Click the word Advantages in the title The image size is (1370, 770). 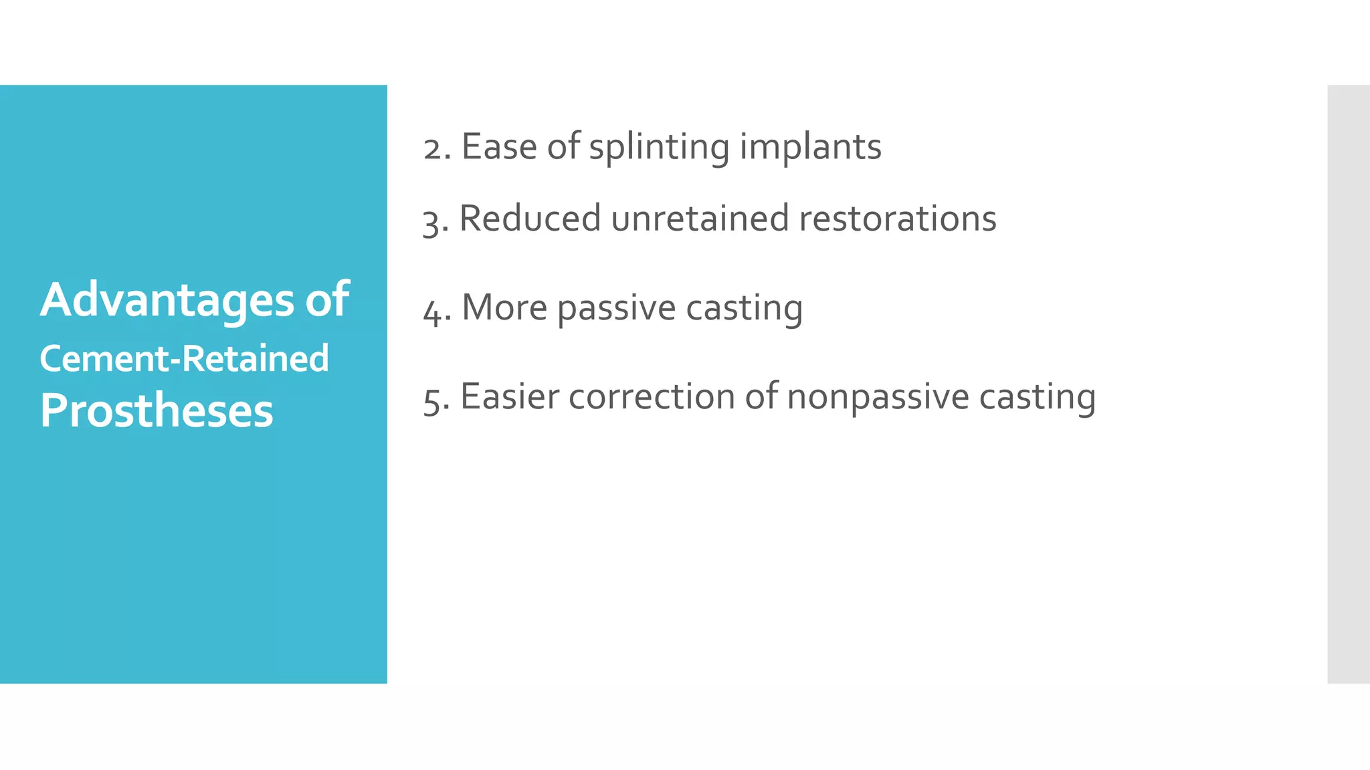tap(167, 300)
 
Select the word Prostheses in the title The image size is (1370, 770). tap(157, 410)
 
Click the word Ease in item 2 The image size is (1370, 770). tap(498, 146)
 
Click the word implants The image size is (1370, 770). tap(810, 148)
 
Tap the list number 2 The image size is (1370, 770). tap(435, 148)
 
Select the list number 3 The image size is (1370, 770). tap(434, 221)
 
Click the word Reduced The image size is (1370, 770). tap(530, 219)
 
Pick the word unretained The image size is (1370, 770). tap(700, 219)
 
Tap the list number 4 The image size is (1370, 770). tap(435, 310)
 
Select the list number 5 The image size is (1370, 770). tap(435, 399)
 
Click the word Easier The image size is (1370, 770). tap(510, 396)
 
